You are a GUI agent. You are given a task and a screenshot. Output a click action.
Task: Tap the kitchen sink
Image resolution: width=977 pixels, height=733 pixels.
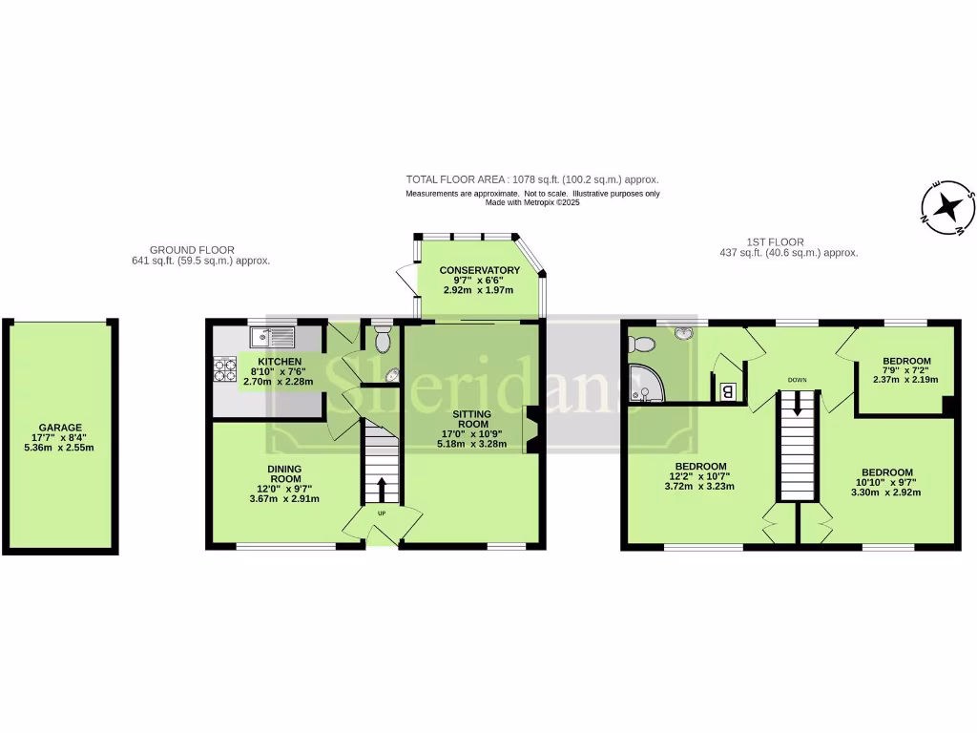pyautogui.click(x=272, y=336)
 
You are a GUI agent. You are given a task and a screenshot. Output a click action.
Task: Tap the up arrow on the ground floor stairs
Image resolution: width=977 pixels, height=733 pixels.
pyautogui.click(x=382, y=489)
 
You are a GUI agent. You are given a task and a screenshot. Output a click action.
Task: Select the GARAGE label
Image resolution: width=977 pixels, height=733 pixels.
pyautogui.click(x=60, y=428)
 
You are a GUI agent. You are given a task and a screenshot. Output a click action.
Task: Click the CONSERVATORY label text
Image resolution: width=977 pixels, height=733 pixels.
pyautogui.click(x=479, y=271)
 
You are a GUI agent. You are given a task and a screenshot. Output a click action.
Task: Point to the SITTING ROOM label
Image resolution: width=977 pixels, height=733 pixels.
pyautogui.click(x=471, y=421)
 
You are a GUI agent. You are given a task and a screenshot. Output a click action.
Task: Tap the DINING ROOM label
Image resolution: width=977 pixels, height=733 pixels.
pyautogui.click(x=285, y=473)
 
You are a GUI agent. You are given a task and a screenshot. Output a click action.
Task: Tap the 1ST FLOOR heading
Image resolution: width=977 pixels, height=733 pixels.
pyautogui.click(x=775, y=242)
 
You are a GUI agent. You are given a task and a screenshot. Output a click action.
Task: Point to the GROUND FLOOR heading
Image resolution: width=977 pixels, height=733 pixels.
pyautogui.click(x=192, y=250)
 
